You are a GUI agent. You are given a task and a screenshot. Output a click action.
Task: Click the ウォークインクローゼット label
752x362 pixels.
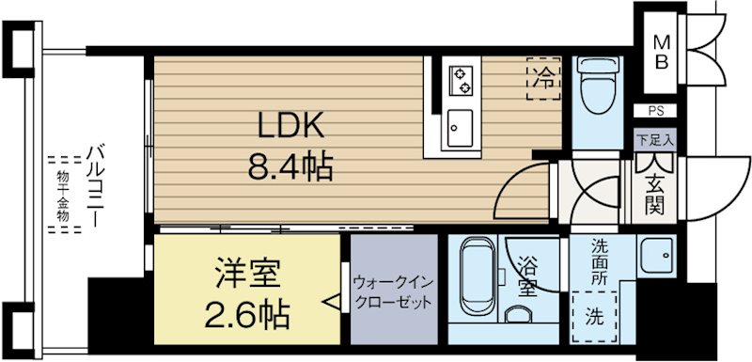coord(394,292)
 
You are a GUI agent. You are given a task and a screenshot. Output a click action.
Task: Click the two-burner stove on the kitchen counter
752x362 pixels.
coord(462,79)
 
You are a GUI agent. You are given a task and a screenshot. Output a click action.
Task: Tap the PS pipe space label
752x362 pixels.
coord(655,111)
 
